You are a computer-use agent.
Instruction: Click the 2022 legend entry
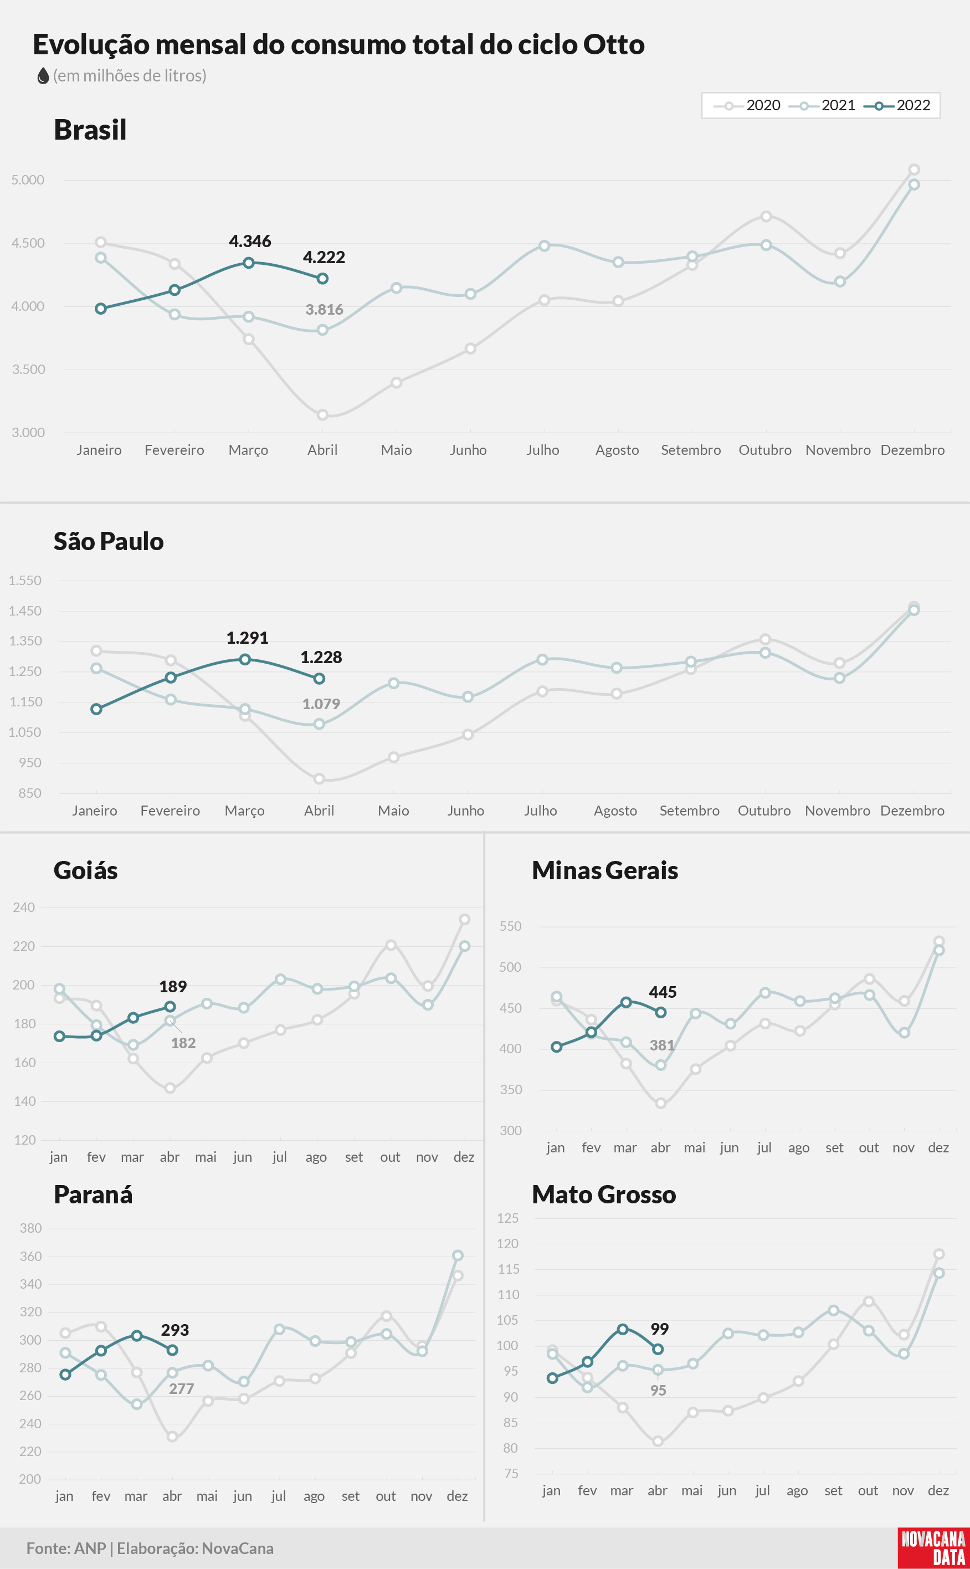click(897, 105)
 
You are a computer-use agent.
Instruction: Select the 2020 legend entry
click(747, 105)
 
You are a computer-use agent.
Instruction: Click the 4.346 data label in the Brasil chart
click(250, 241)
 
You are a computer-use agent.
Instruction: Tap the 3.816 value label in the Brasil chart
click(324, 310)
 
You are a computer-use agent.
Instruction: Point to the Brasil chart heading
click(90, 130)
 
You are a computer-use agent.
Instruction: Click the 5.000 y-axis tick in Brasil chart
click(28, 180)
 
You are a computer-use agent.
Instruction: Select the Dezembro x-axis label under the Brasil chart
click(912, 450)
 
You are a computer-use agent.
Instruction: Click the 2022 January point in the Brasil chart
click(101, 309)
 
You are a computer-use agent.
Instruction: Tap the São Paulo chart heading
click(109, 541)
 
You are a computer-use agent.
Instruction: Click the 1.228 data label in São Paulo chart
click(321, 658)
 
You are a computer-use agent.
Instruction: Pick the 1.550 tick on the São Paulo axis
click(25, 581)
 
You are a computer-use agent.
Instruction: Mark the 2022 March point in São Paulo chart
click(245, 659)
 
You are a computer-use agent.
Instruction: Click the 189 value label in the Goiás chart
click(173, 987)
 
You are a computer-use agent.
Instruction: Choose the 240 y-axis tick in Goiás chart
click(24, 907)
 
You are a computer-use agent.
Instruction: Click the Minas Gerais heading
click(605, 870)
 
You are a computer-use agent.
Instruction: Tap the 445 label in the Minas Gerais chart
click(663, 992)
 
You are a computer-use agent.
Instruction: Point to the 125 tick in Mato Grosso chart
click(507, 1218)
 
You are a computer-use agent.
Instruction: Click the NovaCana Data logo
click(933, 1548)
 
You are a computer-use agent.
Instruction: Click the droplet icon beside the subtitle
click(44, 76)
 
